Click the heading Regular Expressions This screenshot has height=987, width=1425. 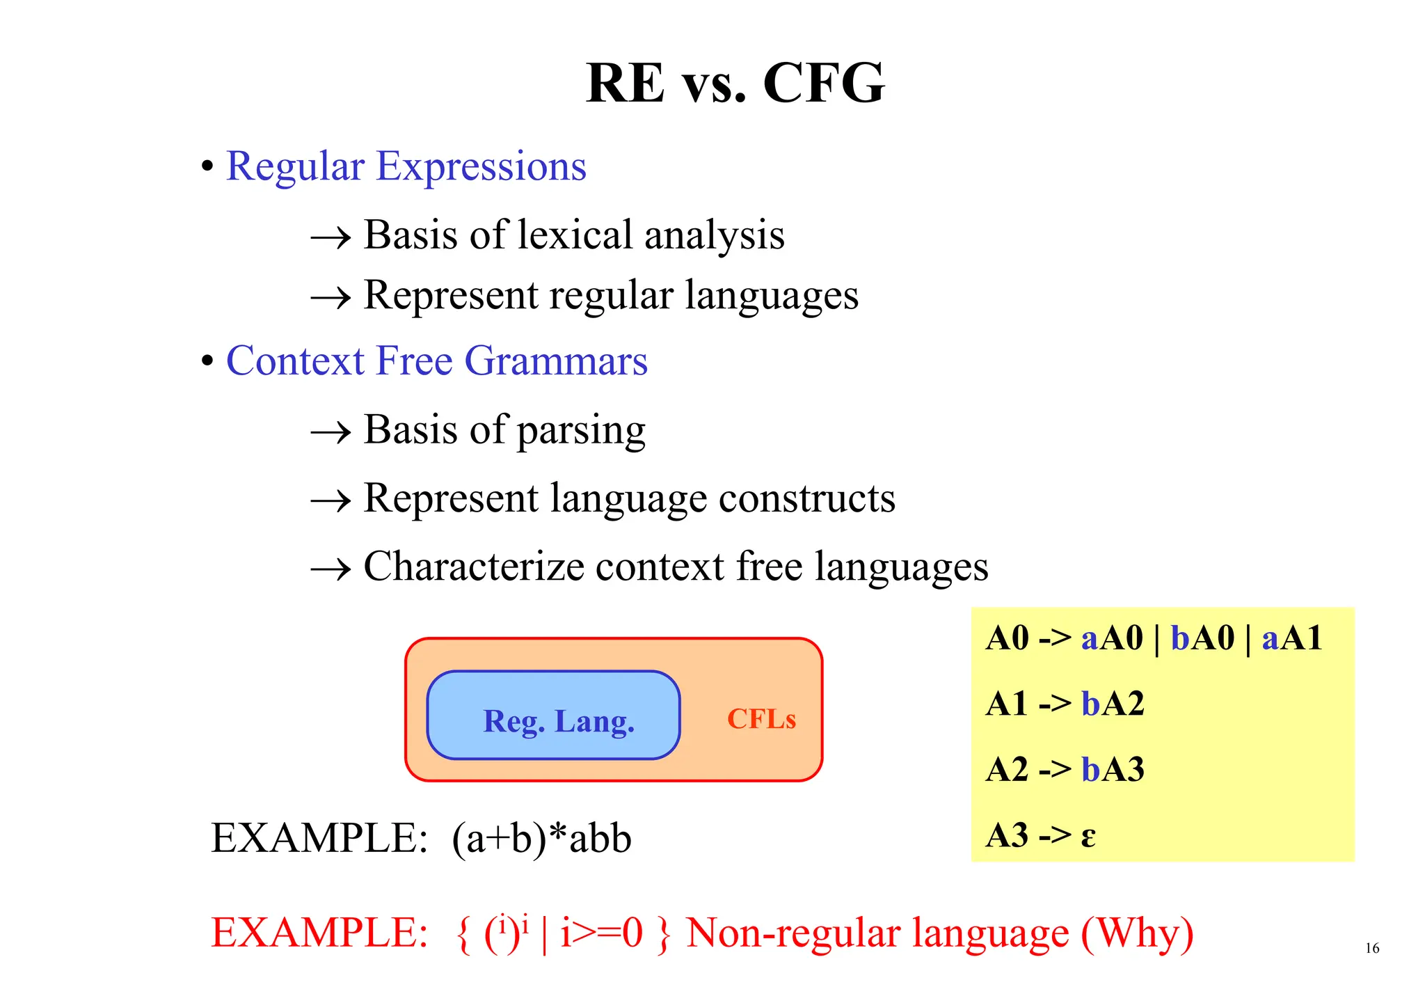(406, 167)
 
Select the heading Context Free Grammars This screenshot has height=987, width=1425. (436, 361)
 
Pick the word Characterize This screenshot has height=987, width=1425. (473, 567)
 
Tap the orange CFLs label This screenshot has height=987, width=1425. (761, 719)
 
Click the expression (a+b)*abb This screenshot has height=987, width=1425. (541, 838)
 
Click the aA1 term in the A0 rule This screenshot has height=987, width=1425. (1291, 638)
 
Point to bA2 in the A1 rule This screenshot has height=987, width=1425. (1113, 704)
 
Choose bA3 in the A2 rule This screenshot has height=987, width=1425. (1113, 770)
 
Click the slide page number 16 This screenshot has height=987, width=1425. (1371, 948)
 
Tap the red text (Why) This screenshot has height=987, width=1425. (1137, 933)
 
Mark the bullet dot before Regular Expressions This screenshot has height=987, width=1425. (207, 167)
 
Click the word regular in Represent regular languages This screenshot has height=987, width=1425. (611, 295)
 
